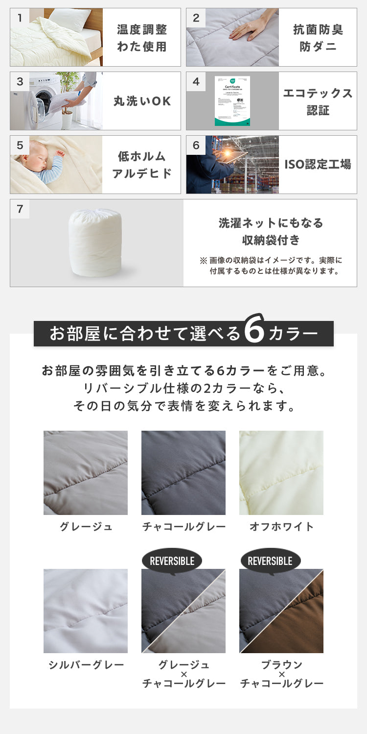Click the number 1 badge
coord(20,18)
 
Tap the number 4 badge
coord(196,82)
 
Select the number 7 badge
coord(20,209)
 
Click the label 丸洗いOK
coord(142,101)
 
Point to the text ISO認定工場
coord(318,164)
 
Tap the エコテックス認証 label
coord(318,101)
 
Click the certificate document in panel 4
coord(232,101)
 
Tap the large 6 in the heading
coord(253,333)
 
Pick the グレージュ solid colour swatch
coord(86,472)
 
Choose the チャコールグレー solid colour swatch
coord(183,472)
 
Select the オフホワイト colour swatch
coord(281,472)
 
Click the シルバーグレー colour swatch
coord(86,611)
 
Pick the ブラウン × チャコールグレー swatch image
coord(281,611)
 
